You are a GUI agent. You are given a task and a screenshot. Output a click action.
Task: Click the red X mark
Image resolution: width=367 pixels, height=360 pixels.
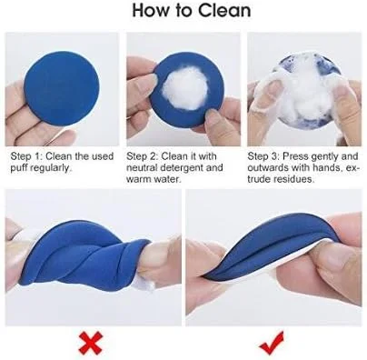[x=91, y=343]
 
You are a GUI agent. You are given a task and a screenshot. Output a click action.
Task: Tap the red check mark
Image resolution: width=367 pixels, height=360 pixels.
[x=272, y=343]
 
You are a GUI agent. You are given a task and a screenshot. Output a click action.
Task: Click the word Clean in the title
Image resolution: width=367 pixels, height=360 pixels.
[x=224, y=11]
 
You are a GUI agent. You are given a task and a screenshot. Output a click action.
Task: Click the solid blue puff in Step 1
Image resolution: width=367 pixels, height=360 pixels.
[x=62, y=89]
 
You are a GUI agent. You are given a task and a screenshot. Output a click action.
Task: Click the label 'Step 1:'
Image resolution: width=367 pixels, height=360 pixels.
[x=26, y=156]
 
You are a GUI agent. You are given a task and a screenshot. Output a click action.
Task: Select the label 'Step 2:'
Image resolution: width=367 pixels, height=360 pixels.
[x=143, y=156]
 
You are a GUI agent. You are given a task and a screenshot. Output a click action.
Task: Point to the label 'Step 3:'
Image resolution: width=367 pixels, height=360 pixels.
[x=263, y=156]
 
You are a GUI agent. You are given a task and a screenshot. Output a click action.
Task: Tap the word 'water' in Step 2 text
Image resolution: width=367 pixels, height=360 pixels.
[x=166, y=179]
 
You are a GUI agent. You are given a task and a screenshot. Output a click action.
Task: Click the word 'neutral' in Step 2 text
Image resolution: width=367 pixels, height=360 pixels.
[x=142, y=167]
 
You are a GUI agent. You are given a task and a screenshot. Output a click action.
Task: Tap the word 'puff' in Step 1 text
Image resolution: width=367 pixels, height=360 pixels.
[x=19, y=168]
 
